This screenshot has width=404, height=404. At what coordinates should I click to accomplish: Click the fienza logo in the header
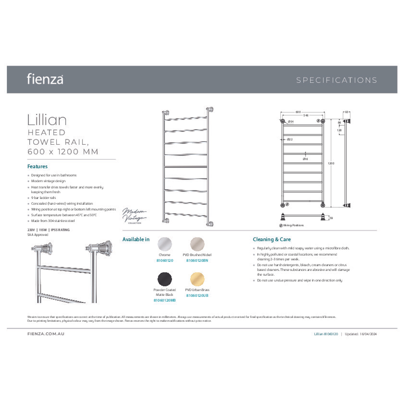tap(45, 79)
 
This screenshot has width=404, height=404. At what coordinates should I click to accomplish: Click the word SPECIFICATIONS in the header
tap(337, 80)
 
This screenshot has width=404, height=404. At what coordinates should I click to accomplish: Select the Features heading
tap(37, 166)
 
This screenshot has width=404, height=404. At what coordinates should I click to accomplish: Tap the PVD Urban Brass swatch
tap(197, 279)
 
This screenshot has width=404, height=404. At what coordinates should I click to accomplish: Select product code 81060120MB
tap(165, 300)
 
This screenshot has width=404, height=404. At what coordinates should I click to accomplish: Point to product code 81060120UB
tap(197, 296)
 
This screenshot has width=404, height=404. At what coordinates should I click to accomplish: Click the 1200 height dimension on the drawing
tap(331, 163)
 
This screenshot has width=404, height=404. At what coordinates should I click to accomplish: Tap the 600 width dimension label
tap(298, 112)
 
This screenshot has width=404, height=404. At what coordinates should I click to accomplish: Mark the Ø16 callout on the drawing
tap(305, 159)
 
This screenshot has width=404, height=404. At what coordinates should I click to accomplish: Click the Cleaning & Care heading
tap(272, 239)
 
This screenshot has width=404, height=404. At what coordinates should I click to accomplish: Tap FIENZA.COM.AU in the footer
tap(46, 333)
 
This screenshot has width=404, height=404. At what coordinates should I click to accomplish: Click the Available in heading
tap(136, 239)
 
